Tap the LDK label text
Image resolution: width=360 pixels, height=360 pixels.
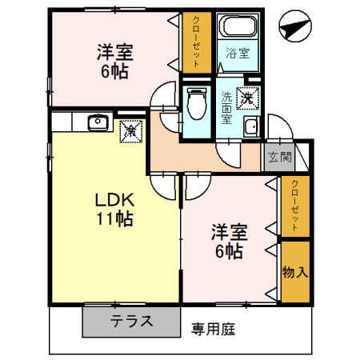tap(112, 199)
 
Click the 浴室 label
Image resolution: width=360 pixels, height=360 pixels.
tap(238, 54)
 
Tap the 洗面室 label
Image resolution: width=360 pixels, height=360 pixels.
tap(226, 107)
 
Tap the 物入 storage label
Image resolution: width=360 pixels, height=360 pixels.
tap(294, 272)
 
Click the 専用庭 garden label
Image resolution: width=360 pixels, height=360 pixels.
tap(214, 328)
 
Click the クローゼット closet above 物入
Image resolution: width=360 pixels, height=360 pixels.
tap(294, 206)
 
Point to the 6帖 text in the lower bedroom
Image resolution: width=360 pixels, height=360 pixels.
tap(228, 251)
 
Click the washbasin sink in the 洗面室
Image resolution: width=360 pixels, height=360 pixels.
tap(251, 127)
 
